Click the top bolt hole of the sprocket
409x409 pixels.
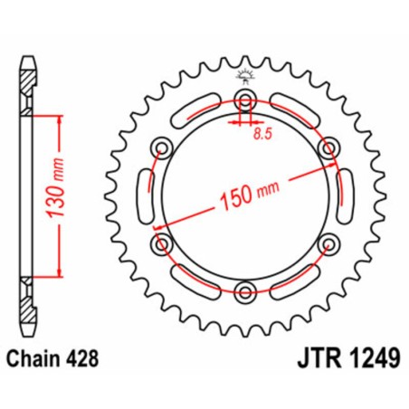(245, 100)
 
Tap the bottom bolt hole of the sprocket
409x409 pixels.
(245, 290)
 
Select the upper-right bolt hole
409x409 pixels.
(328, 147)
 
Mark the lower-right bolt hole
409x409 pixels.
(328, 243)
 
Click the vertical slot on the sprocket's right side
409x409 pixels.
(348, 195)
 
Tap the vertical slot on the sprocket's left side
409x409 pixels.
(142, 195)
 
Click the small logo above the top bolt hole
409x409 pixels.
(245, 76)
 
